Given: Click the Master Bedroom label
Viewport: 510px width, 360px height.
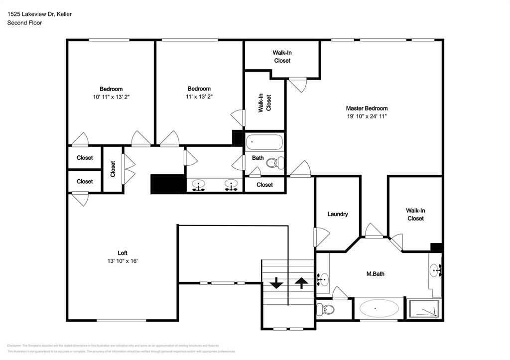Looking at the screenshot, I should tap(367, 108).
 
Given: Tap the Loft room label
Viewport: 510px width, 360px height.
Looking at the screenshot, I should tap(123, 252).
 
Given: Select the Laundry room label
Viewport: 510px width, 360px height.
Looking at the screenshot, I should tap(337, 214).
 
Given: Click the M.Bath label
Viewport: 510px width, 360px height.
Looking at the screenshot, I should tap(375, 273).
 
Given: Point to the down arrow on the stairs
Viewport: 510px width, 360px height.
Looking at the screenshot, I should tap(276, 284).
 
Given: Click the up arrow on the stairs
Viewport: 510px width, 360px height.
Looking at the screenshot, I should tap(301, 283).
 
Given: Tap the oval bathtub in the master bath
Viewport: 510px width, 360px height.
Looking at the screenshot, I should tap(379, 308).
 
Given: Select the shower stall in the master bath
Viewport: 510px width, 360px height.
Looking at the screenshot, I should tap(424, 308).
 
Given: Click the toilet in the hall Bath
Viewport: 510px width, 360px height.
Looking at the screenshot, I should tap(274, 162).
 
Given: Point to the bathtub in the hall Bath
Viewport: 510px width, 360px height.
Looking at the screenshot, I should tap(264, 142).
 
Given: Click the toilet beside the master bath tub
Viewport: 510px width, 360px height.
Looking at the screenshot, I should tap(327, 309).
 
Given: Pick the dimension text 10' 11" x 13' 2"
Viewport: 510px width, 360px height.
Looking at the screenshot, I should tap(111, 97).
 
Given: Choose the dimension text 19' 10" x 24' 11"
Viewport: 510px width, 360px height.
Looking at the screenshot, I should tap(367, 116).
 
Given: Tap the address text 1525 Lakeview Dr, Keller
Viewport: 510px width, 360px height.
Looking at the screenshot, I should tap(39, 14).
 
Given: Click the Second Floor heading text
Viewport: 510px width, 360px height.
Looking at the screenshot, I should tap(24, 22).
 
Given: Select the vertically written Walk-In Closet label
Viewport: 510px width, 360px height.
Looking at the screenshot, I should tap(264, 103).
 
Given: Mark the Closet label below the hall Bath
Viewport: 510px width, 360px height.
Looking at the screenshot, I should tap(264, 185).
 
